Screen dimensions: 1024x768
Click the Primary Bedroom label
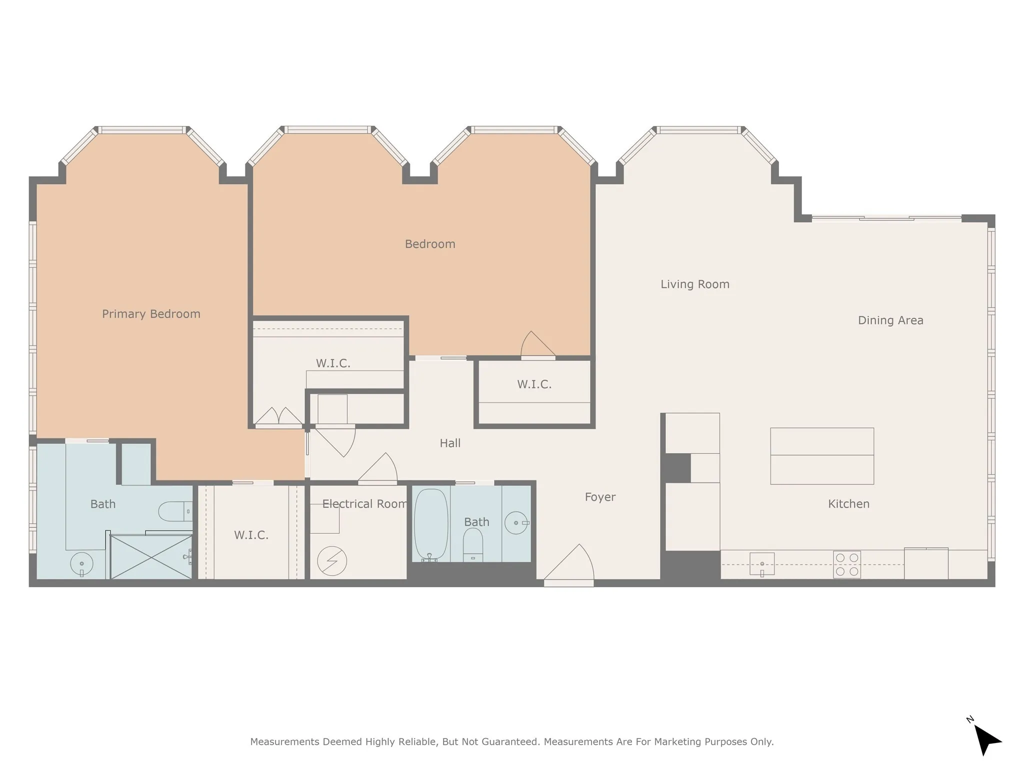click(151, 314)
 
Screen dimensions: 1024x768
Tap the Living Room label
click(695, 284)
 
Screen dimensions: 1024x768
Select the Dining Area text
click(890, 320)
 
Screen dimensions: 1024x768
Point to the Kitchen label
click(848, 504)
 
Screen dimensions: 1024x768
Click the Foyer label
click(600, 497)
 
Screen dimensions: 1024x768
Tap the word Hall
click(450, 443)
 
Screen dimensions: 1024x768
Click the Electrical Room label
click(364, 504)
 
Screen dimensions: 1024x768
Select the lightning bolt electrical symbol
click(332, 561)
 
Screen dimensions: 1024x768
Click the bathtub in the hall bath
click(431, 525)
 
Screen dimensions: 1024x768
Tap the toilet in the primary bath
click(175, 511)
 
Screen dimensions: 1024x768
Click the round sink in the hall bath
click(516, 523)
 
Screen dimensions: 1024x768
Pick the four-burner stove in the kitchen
click(847, 564)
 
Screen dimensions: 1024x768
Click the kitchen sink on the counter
click(762, 564)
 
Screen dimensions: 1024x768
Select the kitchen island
click(822, 456)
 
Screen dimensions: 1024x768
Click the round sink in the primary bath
click(81, 564)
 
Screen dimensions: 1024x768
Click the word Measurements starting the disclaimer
click(284, 741)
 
